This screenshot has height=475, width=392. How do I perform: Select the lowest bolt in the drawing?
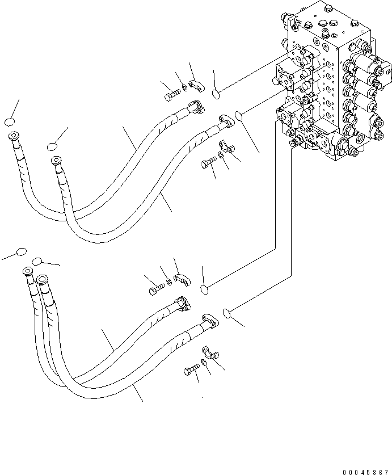click(190, 372)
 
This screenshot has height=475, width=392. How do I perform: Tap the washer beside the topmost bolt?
click(185, 90)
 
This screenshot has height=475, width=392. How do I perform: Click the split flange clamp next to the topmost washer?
click(197, 85)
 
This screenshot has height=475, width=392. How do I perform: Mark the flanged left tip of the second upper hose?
click(55, 160)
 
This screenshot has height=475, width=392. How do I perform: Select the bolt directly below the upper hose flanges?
click(206, 165)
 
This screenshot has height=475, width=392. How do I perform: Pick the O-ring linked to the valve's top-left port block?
click(217, 93)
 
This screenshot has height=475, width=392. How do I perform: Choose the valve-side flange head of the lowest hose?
click(209, 322)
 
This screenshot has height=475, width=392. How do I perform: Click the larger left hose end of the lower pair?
click(43, 281)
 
